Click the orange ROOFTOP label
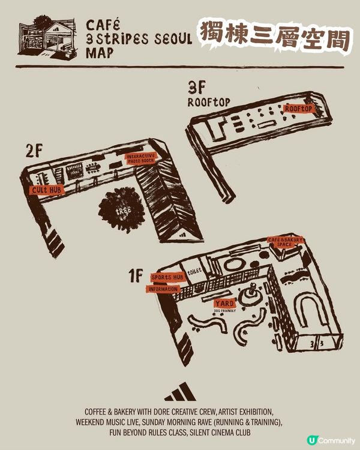coord(299,109)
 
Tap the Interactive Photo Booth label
coord(141,158)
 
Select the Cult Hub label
coord(46,190)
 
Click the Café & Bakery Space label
coord(286,242)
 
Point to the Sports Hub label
coord(167,277)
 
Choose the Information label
coord(163,289)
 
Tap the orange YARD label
coord(224,303)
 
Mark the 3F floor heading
coord(196,88)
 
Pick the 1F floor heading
coord(135,276)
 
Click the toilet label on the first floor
coord(194,271)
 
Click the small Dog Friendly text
coord(224,311)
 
